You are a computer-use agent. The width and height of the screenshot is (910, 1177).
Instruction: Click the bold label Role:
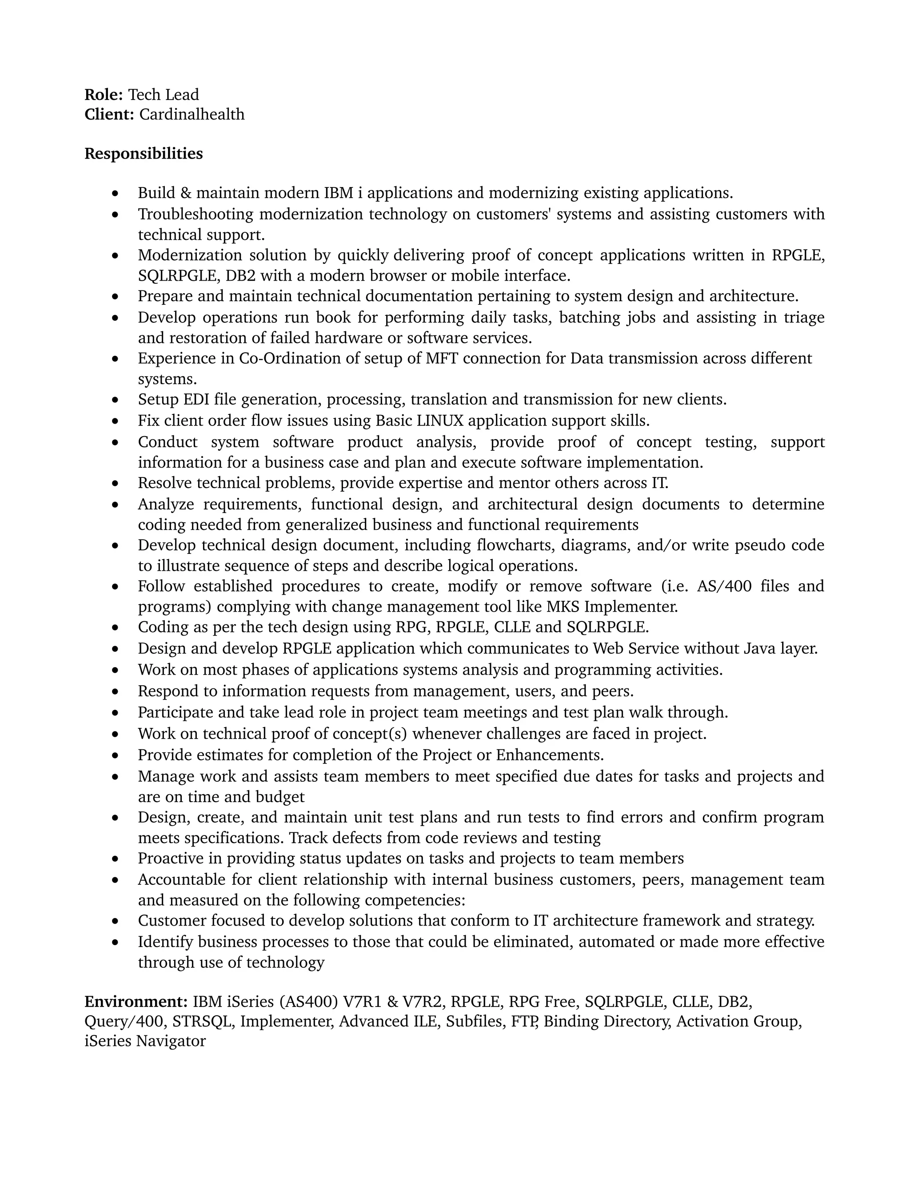pos(104,95)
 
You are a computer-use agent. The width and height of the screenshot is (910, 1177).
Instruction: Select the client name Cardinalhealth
pos(192,114)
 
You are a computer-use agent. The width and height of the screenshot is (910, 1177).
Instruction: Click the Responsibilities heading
pos(144,154)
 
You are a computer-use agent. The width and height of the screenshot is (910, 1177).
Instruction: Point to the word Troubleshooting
pos(195,214)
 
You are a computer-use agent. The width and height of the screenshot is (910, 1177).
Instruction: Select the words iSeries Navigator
pos(145,1041)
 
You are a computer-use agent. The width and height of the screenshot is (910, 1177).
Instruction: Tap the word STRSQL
pos(203,1021)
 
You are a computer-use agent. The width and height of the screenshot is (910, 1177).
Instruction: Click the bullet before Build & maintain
pos(115,194)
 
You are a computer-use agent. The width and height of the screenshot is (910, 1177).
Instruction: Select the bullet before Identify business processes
pos(115,942)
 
